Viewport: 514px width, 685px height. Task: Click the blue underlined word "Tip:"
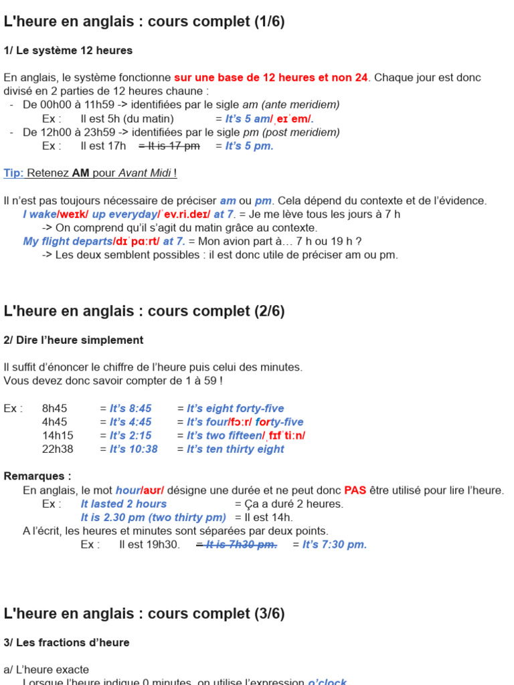point(13,173)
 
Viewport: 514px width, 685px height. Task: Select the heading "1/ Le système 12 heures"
point(68,50)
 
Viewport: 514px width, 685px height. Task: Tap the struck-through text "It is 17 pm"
point(169,146)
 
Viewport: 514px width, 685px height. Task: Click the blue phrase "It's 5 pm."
point(249,146)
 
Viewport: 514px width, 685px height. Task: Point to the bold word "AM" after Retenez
point(81,173)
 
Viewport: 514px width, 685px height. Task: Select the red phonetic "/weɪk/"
point(74,214)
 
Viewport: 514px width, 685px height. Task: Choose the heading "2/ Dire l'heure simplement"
point(74,340)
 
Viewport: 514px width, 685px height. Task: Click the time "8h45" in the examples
point(54,408)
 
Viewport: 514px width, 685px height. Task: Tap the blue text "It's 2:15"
point(131,435)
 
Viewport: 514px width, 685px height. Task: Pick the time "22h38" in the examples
point(58,449)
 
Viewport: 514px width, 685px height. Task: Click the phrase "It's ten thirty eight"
point(236,449)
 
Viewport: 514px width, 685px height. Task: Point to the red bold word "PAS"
point(355,490)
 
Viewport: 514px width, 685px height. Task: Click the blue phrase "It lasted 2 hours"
point(124,504)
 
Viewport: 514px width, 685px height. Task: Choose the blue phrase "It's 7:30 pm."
point(335,545)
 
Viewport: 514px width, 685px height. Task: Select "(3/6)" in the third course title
point(269,613)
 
